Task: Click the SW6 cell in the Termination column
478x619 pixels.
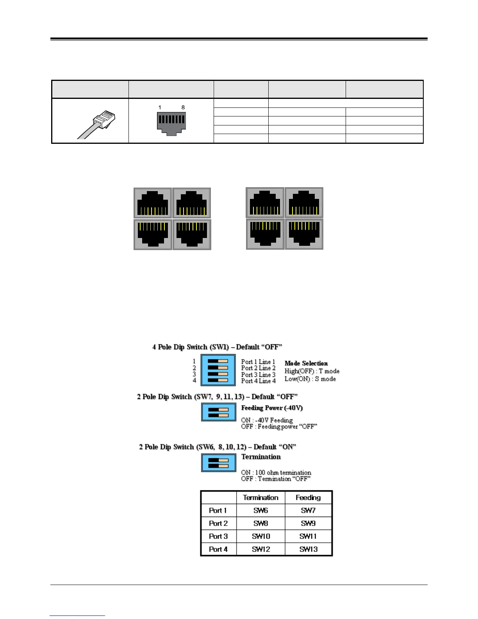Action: coord(260,510)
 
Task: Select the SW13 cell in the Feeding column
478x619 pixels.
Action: coord(308,549)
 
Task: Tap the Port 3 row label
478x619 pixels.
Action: coord(218,536)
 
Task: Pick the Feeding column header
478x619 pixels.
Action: coord(308,497)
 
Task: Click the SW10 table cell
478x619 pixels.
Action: coord(260,536)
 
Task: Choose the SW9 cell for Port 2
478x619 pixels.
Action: coord(308,523)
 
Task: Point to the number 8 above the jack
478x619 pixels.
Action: coord(183,107)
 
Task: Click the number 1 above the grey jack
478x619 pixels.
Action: coord(160,107)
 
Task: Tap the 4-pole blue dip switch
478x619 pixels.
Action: coord(218,370)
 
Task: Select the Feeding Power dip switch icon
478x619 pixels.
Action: coord(218,412)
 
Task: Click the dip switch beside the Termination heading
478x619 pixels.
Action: coord(218,463)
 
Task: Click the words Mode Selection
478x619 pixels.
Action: coord(306,363)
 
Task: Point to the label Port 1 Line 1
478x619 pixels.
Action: coord(258,362)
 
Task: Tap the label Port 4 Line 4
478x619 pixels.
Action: coord(258,381)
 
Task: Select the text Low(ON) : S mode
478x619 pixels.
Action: coord(310,379)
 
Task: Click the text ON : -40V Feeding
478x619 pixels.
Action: coord(267,420)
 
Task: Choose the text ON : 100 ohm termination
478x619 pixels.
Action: coord(276,472)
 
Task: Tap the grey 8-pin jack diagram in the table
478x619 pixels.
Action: coord(171,123)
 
